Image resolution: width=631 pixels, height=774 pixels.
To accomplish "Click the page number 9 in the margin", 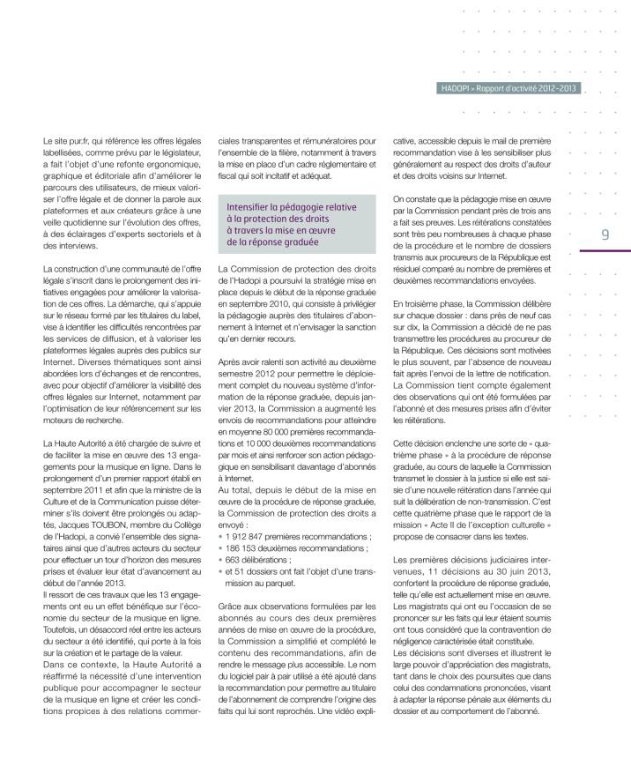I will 605,234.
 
